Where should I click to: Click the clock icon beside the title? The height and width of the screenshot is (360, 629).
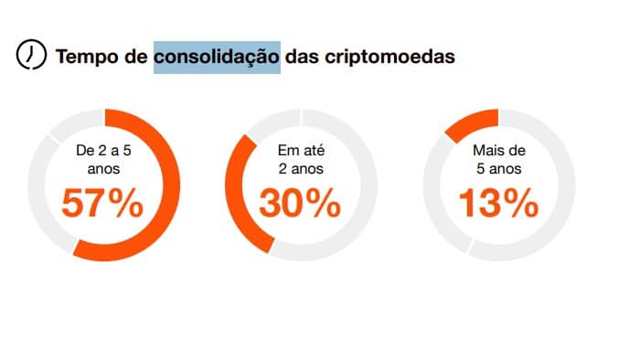tap(31, 55)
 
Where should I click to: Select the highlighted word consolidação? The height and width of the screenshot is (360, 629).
tap(217, 56)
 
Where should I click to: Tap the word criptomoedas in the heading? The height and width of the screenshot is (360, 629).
tap(389, 56)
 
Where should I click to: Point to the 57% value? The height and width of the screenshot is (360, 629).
tap(101, 203)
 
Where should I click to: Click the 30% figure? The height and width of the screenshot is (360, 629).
tap(299, 203)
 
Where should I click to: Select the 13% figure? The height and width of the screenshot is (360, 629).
tap(497, 203)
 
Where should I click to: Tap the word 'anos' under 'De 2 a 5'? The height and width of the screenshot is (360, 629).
tap(101, 169)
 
